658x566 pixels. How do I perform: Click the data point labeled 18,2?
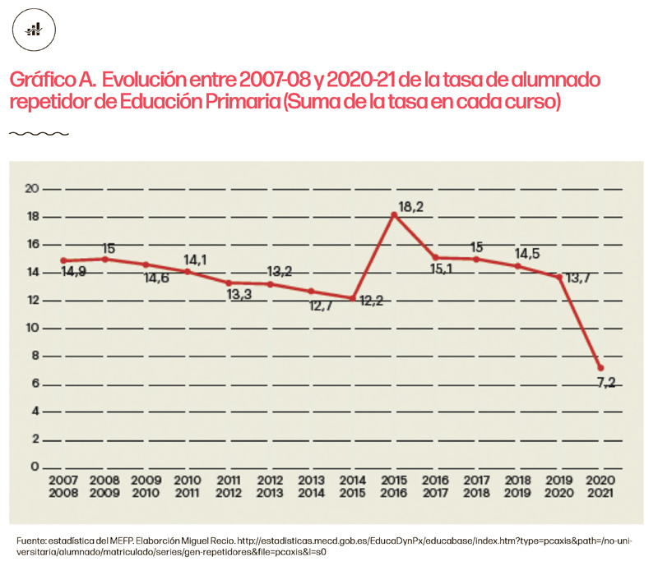pyautogui.click(x=395, y=215)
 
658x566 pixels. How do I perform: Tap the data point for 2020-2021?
pyautogui.click(x=601, y=368)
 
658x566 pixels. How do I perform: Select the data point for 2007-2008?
pyautogui.click(x=63, y=260)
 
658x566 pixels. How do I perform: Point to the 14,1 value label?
pyautogui.click(x=195, y=260)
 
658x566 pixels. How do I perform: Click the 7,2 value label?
pyautogui.click(x=606, y=383)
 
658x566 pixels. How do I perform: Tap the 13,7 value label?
pyautogui.click(x=578, y=278)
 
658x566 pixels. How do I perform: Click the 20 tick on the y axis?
pyautogui.click(x=32, y=189)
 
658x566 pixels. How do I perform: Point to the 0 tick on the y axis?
pyautogui.click(x=35, y=467)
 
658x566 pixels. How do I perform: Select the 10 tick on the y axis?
pyautogui.click(x=32, y=328)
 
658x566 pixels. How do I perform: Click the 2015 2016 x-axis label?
pyautogui.click(x=395, y=485)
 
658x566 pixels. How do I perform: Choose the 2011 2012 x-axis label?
pyautogui.click(x=229, y=485)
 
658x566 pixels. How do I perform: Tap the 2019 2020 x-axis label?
pyautogui.click(x=560, y=485)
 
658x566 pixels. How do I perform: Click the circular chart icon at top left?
pyautogui.click(x=34, y=30)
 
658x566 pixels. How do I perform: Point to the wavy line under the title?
pyautogui.click(x=39, y=133)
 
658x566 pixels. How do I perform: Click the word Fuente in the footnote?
pyautogui.click(x=32, y=541)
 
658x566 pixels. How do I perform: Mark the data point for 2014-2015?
pyautogui.click(x=353, y=298)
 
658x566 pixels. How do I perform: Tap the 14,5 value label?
pyautogui.click(x=526, y=254)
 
